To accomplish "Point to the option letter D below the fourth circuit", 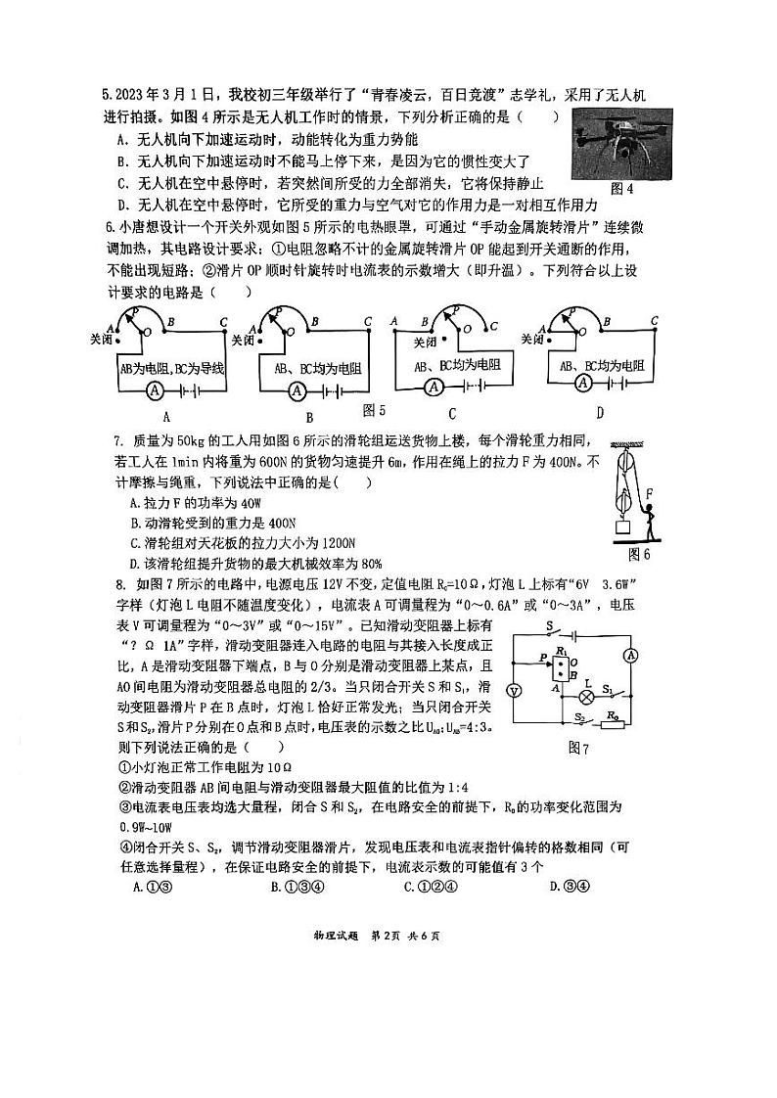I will (x=600, y=414).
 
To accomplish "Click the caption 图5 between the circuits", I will (x=374, y=410).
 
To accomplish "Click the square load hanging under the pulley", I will (x=619, y=529).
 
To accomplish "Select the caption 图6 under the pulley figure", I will (x=639, y=554).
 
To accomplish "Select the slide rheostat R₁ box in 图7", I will (x=560, y=667).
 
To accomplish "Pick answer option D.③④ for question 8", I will (x=567, y=887).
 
